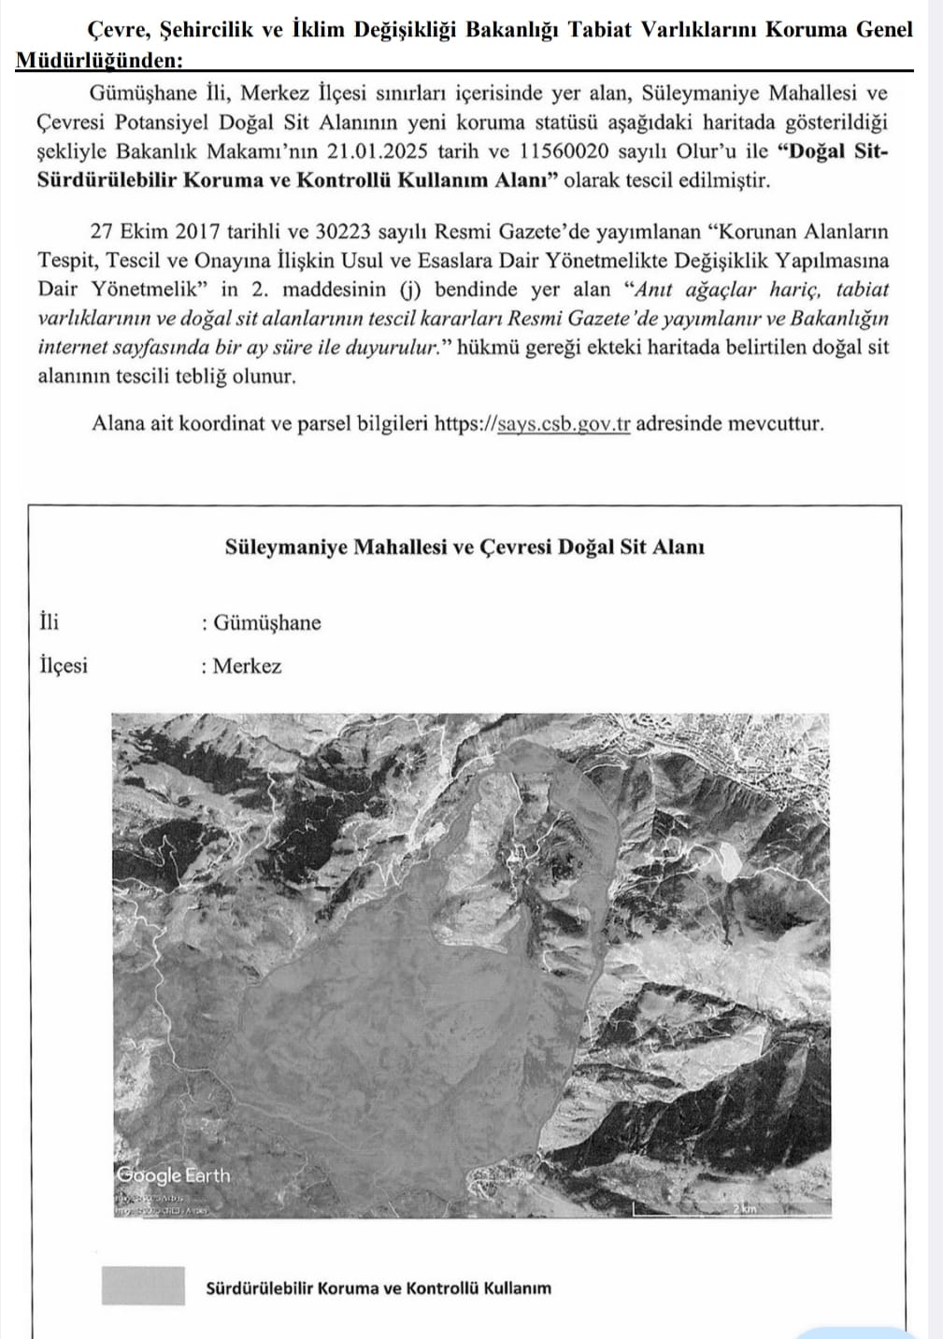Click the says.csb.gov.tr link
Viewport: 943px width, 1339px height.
[564, 423]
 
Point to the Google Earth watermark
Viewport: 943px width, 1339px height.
[173, 1175]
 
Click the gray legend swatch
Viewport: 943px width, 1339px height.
[143, 1286]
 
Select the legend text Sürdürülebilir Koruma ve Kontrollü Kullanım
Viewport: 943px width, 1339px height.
[379, 1288]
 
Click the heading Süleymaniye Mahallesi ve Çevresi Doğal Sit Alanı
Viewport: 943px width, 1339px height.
[464, 547]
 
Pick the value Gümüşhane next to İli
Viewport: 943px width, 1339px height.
[267, 622]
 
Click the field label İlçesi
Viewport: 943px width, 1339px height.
[64, 666]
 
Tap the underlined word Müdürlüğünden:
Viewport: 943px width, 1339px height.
[99, 60]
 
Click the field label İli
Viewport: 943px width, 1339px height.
[50, 622]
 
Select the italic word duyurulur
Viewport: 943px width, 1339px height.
[391, 347]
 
